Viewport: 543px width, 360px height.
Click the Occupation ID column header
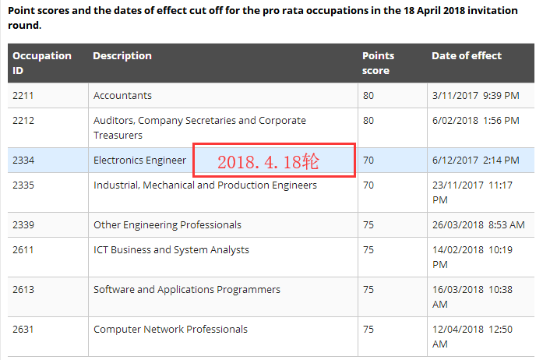[41, 62]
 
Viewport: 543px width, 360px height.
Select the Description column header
[122, 56]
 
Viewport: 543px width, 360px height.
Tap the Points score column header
[379, 62]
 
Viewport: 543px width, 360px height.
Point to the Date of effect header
[467, 56]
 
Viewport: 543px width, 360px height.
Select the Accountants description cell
[122, 96]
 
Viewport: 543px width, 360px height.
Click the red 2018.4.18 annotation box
[274, 161]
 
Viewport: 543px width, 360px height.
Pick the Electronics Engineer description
[140, 161]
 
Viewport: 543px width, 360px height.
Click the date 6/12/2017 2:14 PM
[475, 161]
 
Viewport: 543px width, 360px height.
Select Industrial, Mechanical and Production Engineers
[205, 185]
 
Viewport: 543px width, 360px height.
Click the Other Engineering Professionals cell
[167, 225]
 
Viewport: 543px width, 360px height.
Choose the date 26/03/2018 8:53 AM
[478, 225]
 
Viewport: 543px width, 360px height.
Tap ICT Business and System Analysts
[171, 250]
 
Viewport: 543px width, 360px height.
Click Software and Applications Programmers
[187, 290]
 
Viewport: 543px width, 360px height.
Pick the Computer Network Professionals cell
[171, 330]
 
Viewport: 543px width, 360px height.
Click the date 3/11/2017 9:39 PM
[475, 96]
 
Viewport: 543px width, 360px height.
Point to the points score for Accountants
[368, 96]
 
